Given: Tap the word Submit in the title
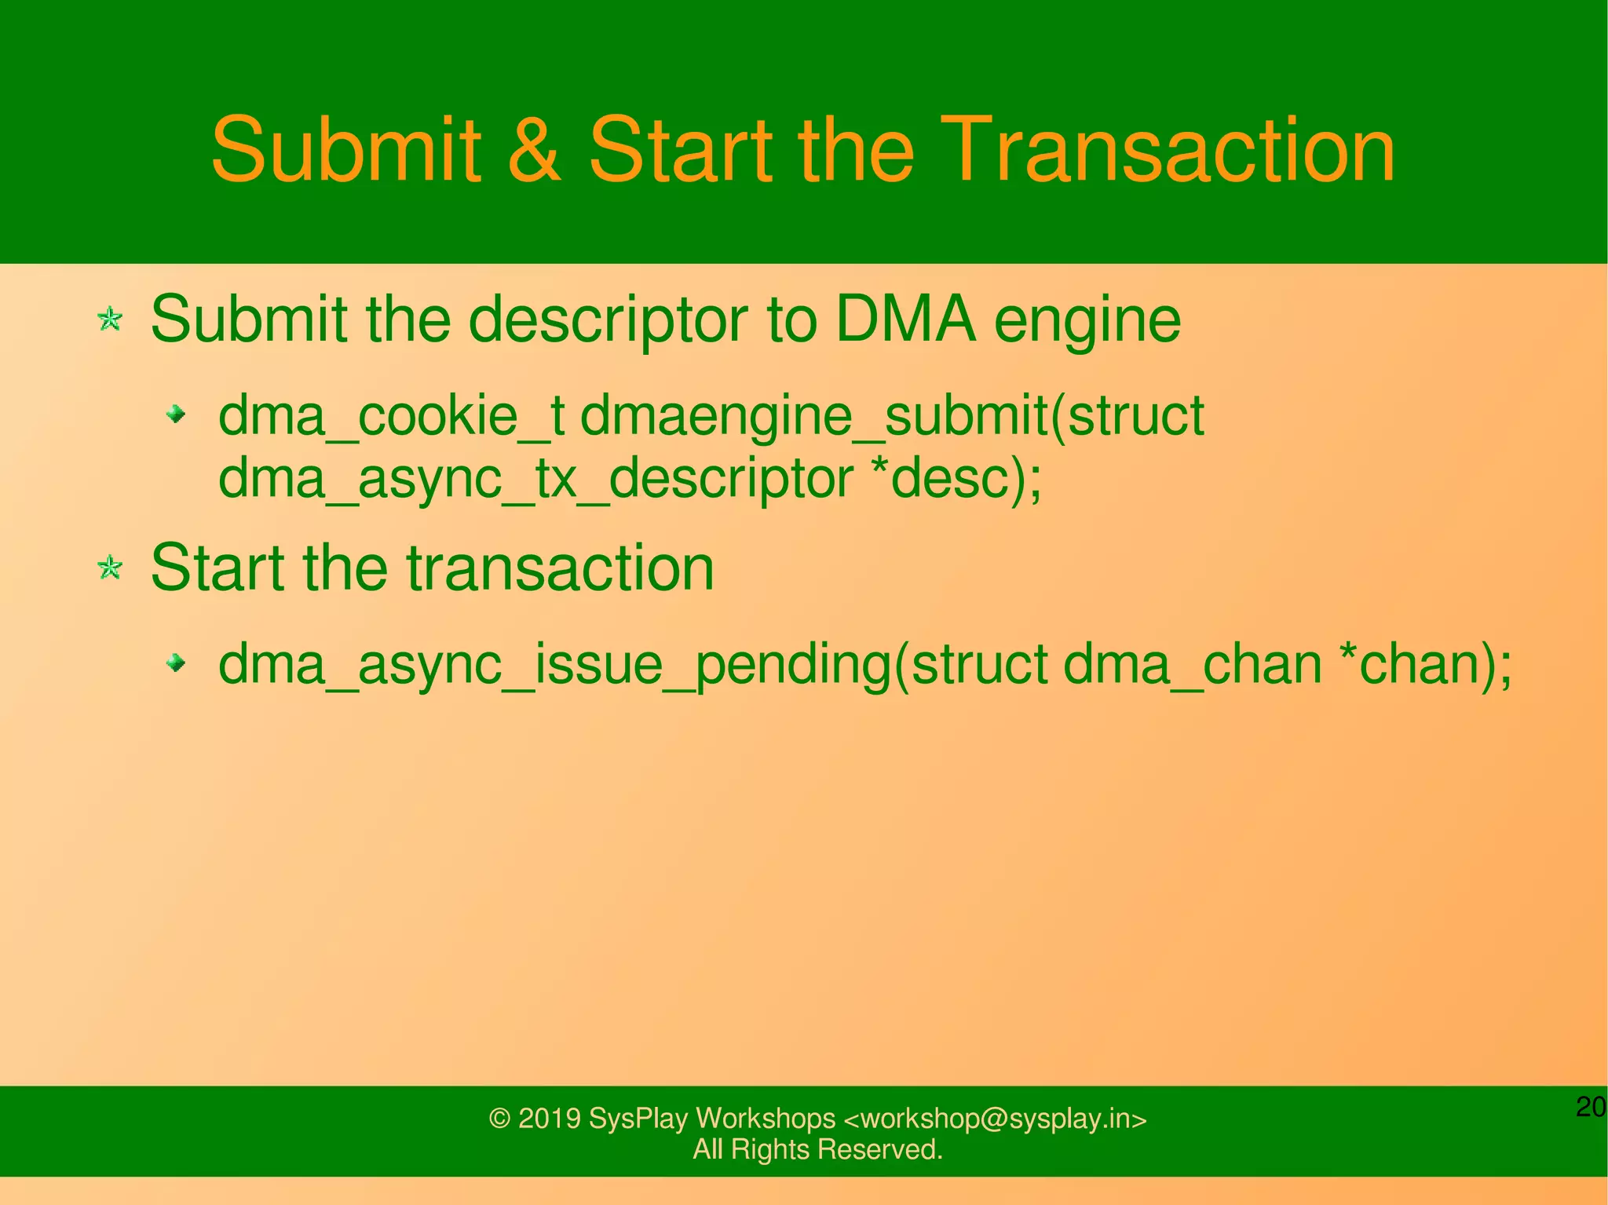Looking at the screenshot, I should point(345,149).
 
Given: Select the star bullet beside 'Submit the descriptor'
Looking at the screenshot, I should point(110,320).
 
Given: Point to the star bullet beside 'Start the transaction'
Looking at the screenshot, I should point(110,568).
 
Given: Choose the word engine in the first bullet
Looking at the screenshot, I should point(1087,322).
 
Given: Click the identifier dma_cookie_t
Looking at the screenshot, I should point(391,416).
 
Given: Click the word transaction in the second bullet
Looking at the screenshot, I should point(560,568).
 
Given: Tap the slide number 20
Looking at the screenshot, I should point(1591,1107).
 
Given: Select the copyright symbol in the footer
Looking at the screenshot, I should point(499,1119).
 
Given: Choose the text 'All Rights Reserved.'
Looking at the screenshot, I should point(817,1149).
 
